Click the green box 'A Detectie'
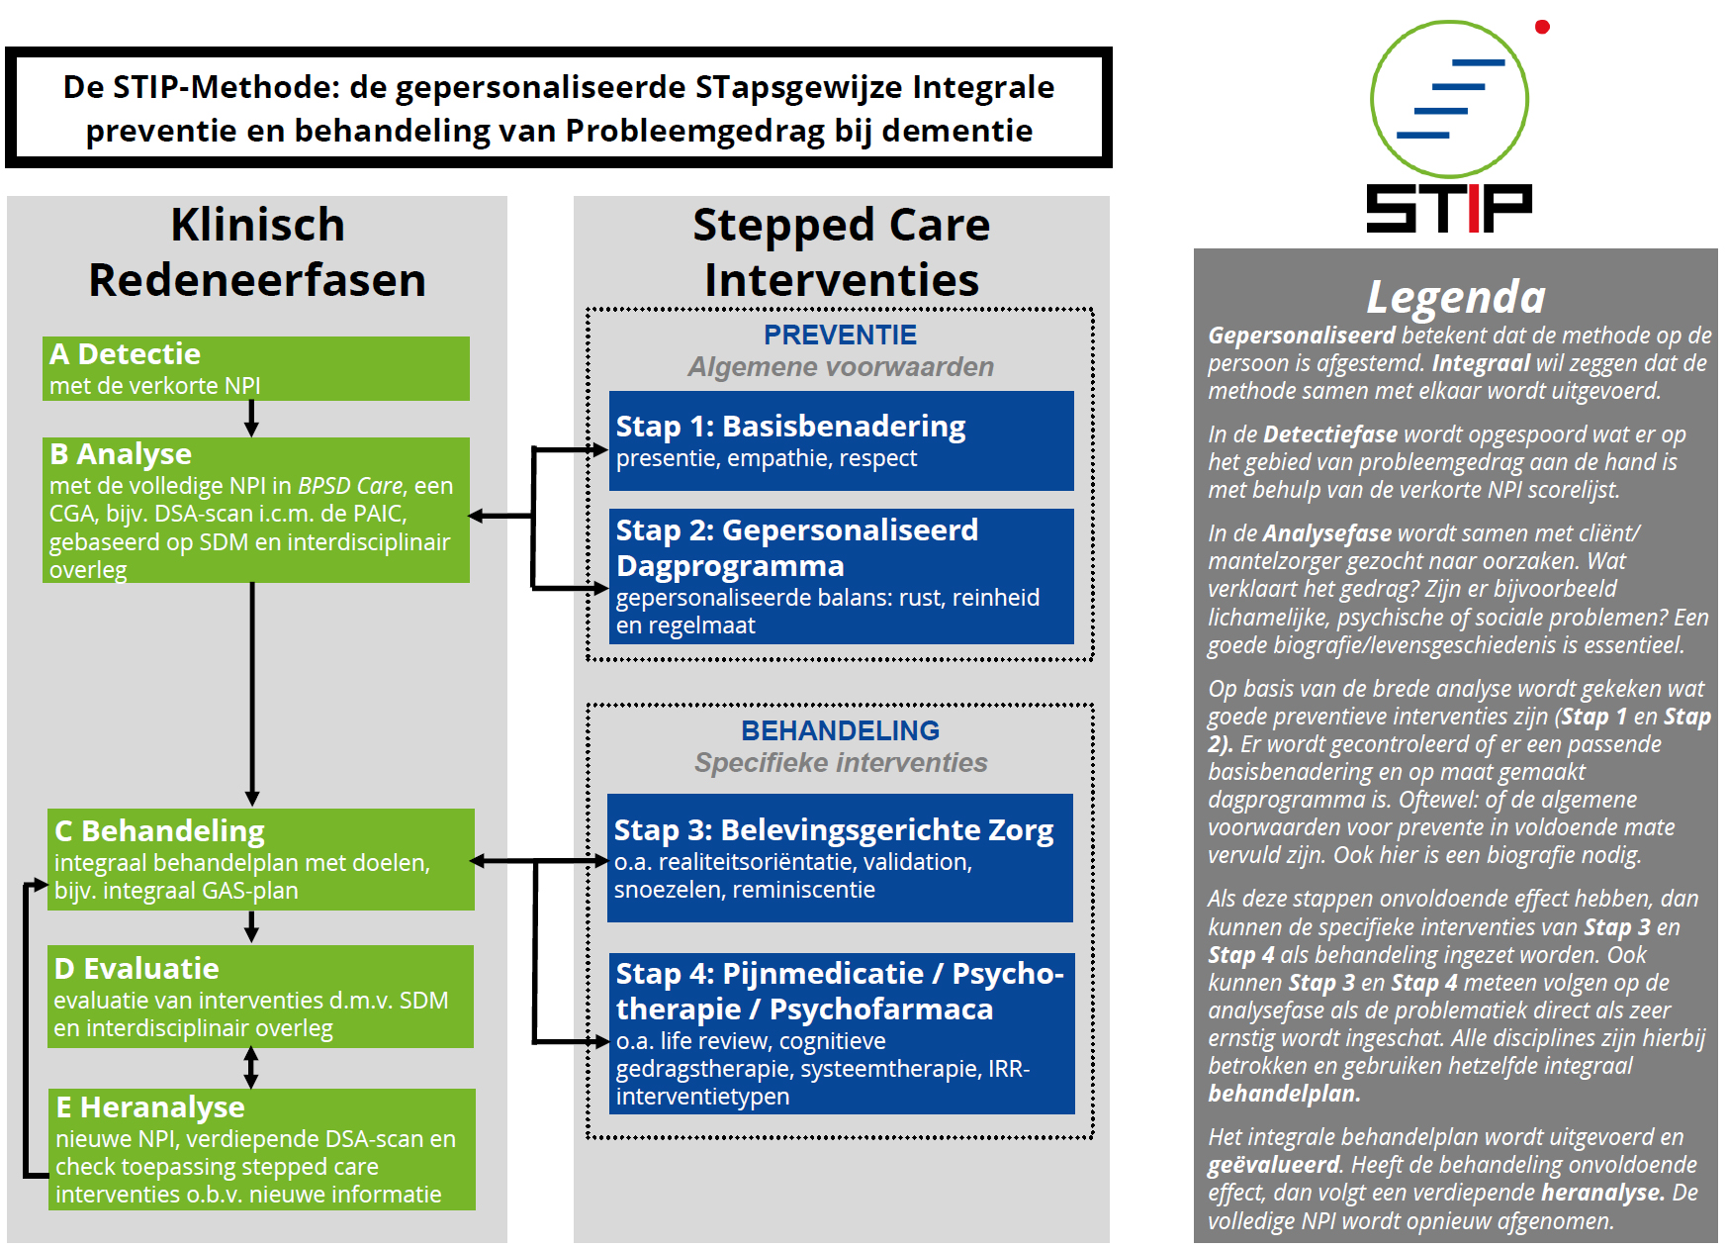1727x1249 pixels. pyautogui.click(x=255, y=368)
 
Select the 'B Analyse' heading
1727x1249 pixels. pyautogui.click(x=121, y=454)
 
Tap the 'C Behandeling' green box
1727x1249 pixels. pyautogui.click(x=261, y=859)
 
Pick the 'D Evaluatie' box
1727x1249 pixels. pyautogui.click(x=261, y=996)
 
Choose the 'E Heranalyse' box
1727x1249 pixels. pyautogui.click(x=261, y=1149)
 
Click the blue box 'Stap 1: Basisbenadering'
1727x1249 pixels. pyautogui.click(x=841, y=440)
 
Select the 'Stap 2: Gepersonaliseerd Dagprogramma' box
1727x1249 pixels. pyautogui.click(x=841, y=576)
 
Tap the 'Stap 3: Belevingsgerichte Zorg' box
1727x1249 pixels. pyautogui.click(x=840, y=857)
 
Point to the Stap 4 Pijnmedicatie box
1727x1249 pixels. pyautogui.click(x=841, y=1033)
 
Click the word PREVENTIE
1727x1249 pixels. pyautogui.click(x=840, y=336)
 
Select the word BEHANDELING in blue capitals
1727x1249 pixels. pyautogui.click(x=840, y=731)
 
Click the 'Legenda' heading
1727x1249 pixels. pyautogui.click(x=1455, y=297)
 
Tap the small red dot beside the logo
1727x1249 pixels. pyautogui.click(x=1541, y=27)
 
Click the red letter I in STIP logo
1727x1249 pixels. pyautogui.click(x=1473, y=209)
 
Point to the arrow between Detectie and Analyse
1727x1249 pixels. pyautogui.click(x=251, y=419)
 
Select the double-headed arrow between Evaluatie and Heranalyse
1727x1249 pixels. pyautogui.click(x=251, y=1068)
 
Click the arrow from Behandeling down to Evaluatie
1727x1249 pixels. pyautogui.click(x=251, y=927)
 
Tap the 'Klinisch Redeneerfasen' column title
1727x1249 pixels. pyautogui.click(x=257, y=252)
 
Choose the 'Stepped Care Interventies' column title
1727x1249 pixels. pyautogui.click(x=841, y=252)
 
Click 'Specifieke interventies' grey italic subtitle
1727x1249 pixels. pyautogui.click(x=840, y=763)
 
